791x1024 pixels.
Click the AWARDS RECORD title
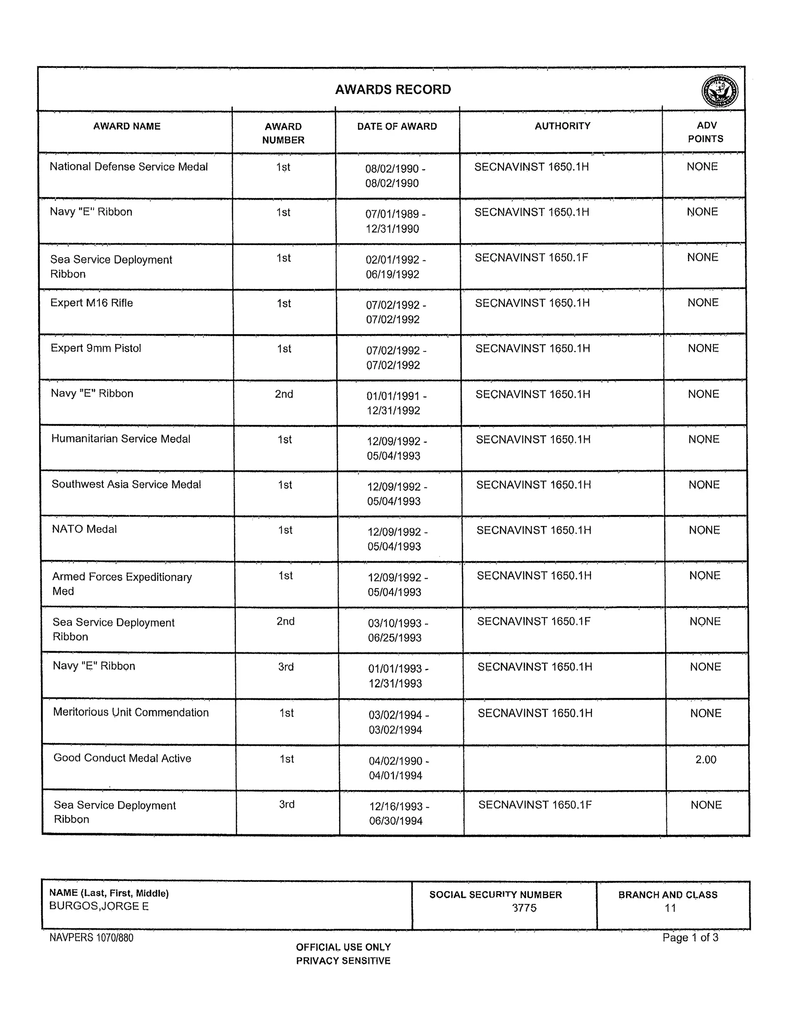click(x=393, y=89)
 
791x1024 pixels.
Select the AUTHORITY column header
click(x=562, y=126)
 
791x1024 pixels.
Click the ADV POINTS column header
click(x=705, y=132)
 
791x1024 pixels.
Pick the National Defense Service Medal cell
click(x=128, y=167)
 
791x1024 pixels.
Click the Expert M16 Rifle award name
click(x=92, y=303)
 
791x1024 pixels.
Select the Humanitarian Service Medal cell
click(x=121, y=439)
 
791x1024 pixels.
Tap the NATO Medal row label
click(x=84, y=529)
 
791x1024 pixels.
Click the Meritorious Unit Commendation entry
click(x=131, y=712)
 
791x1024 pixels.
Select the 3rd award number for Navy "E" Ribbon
click(x=286, y=667)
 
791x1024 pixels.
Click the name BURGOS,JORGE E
click(x=99, y=906)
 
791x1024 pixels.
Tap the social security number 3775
click(x=524, y=908)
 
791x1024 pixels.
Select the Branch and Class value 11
click(x=670, y=908)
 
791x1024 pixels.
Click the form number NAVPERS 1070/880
click(x=92, y=938)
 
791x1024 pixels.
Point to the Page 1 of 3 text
click(x=690, y=937)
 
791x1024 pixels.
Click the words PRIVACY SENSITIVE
click(x=343, y=961)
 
